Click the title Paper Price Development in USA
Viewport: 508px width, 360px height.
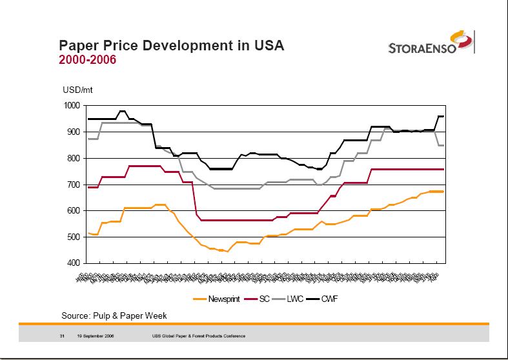pyautogui.click(x=171, y=46)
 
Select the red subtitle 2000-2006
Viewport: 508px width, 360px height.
pyautogui.click(x=88, y=60)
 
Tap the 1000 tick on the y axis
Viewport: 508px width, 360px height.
pyautogui.click(x=72, y=106)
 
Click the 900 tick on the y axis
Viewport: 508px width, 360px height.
pyautogui.click(x=74, y=132)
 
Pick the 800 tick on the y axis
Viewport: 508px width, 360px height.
pyautogui.click(x=74, y=159)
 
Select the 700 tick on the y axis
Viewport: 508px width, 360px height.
pyautogui.click(x=74, y=185)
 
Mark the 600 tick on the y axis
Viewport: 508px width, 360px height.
pyautogui.click(x=74, y=211)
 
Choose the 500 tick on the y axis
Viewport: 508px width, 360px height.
pyautogui.click(x=74, y=237)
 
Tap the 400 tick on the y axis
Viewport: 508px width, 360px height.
pyautogui.click(x=74, y=264)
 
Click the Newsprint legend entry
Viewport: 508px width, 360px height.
pyautogui.click(x=216, y=299)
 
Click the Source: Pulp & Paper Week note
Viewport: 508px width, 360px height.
pyautogui.click(x=114, y=315)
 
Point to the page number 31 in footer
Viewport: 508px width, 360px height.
pyautogui.click(x=62, y=336)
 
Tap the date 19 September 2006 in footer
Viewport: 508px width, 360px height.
pyautogui.click(x=95, y=336)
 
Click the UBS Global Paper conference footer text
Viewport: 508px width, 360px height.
pyautogui.click(x=198, y=336)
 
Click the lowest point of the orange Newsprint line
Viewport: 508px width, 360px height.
pyautogui.click(x=227, y=251)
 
